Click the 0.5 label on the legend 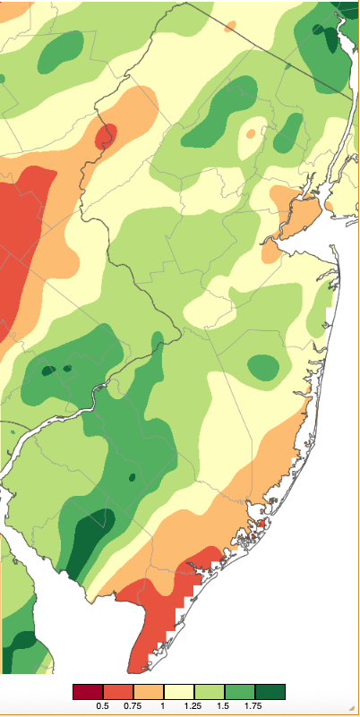103,707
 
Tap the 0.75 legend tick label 133,707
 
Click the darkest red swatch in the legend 88,691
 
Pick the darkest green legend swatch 270,691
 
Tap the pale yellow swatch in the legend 179,691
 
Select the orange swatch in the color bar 149,691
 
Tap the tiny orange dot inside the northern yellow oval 251,133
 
